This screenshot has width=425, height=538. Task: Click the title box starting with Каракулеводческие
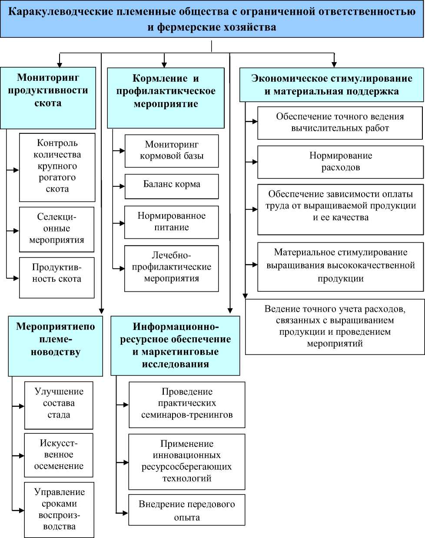click(212, 19)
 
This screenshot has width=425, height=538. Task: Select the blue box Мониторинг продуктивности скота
click(48, 97)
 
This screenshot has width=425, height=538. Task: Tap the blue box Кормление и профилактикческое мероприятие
click(166, 97)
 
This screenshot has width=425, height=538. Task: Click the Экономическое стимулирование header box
click(331, 85)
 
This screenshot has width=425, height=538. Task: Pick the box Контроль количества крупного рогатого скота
click(57, 167)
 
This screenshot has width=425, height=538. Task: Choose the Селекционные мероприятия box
click(56, 229)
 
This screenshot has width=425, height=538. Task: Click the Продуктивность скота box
click(56, 277)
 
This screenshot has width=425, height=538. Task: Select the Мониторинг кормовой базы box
click(171, 151)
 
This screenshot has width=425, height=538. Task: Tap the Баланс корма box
click(171, 186)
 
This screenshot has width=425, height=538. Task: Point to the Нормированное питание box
click(171, 222)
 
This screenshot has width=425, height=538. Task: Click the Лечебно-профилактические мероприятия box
click(171, 268)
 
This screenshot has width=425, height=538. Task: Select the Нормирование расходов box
click(340, 162)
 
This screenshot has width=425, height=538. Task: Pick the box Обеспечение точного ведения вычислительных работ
click(340, 123)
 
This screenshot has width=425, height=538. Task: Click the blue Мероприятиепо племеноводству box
click(55, 346)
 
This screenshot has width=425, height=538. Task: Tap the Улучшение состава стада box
click(59, 405)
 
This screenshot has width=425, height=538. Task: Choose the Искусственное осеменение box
click(59, 455)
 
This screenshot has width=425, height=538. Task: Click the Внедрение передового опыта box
click(186, 510)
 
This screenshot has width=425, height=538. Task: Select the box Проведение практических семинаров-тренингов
click(187, 404)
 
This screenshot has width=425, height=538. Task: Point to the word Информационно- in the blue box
click(176, 327)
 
